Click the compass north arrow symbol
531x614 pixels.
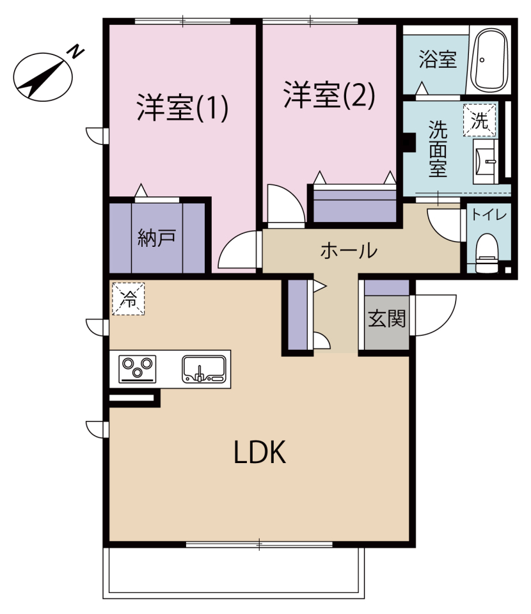coord(43,75)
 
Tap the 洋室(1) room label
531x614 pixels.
coord(182,108)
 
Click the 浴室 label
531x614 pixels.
coord(438,61)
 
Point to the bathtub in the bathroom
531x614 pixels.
coord(490,60)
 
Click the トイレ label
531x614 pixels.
coord(489,215)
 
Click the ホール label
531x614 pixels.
coord(349,250)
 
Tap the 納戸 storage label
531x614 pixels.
coord(157,238)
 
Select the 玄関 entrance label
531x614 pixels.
coord(386,319)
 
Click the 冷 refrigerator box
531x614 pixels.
coord(129,299)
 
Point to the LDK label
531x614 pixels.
coord(259,453)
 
